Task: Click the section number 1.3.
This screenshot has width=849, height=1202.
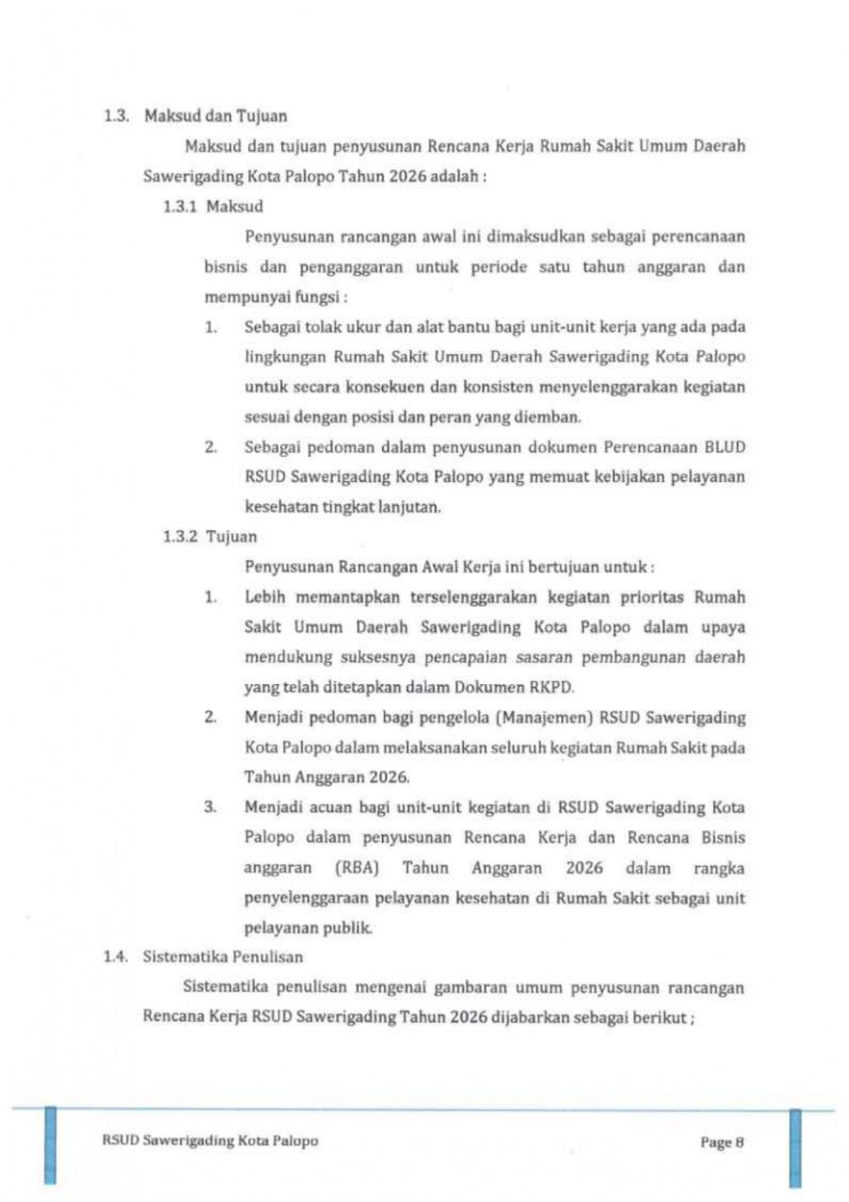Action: tap(113, 117)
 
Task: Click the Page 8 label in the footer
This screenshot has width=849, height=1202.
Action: tap(723, 1142)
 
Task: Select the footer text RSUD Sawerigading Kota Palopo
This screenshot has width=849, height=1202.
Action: tap(209, 1141)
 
